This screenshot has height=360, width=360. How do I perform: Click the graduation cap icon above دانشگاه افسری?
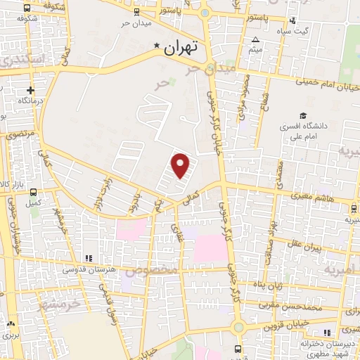click(x=302, y=116)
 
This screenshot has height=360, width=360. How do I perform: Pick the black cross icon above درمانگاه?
click(x=30, y=90)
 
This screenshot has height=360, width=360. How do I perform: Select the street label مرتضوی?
click(x=20, y=133)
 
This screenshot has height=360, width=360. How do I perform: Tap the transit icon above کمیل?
click(x=33, y=192)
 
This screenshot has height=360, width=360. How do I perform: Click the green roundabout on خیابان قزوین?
click(x=238, y=326)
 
